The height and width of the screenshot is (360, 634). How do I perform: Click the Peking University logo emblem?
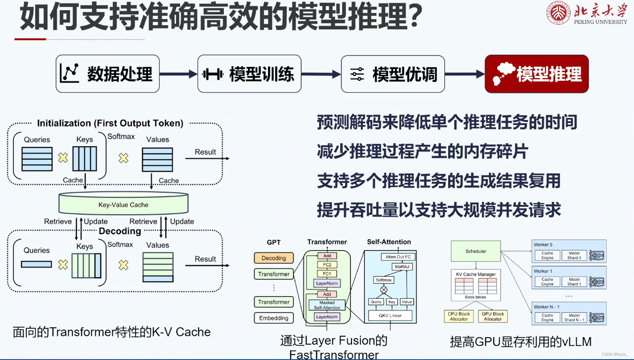pyautogui.click(x=558, y=12)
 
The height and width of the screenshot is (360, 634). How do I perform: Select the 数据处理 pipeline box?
pyautogui.click(x=107, y=74)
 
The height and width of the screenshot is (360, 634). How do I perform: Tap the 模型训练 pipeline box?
pyautogui.click(x=249, y=74)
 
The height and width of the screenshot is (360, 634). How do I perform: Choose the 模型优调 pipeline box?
pyautogui.click(x=393, y=74)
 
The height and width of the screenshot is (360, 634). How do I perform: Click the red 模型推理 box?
pyautogui.click(x=537, y=74)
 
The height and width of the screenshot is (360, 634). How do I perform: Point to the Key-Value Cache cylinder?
pyautogui.click(x=123, y=204)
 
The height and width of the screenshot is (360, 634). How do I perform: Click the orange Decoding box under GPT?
pyautogui.click(x=274, y=258)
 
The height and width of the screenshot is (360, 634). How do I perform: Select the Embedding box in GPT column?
pyautogui.click(x=274, y=318)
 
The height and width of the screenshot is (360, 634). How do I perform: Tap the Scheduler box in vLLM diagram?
pyautogui.click(x=476, y=251)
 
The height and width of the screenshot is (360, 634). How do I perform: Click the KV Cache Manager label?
pyautogui.click(x=476, y=274)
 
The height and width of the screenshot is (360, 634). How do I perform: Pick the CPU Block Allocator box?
pyautogui.click(x=459, y=316)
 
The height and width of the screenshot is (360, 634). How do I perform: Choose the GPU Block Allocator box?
pyautogui.click(x=493, y=316)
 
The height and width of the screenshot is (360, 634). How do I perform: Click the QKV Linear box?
pyautogui.click(x=390, y=315)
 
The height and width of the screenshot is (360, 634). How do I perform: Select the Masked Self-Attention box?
pyautogui.click(x=327, y=305)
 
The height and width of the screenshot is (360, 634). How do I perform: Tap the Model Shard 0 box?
pyautogui.click(x=574, y=255)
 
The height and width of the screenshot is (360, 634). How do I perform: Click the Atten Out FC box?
pyautogui.click(x=398, y=257)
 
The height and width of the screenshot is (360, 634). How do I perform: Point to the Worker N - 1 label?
pyautogui.click(x=546, y=307)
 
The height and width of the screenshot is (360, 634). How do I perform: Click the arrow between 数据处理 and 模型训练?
pyautogui.click(x=178, y=74)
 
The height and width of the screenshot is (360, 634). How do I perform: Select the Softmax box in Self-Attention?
pyautogui.click(x=383, y=280)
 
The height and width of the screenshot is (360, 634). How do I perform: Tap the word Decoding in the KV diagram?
pyautogui.click(x=120, y=231)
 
